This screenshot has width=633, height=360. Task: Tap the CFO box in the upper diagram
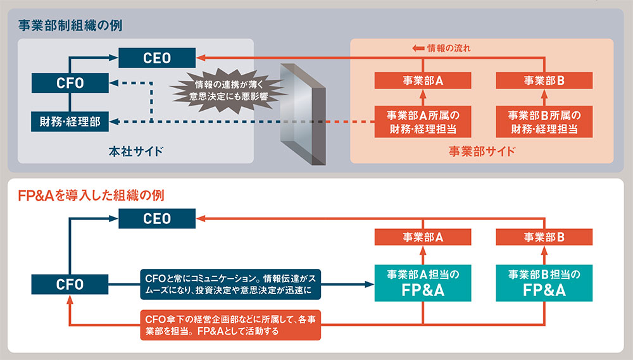(70, 82)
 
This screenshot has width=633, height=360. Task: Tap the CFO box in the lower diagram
(70, 284)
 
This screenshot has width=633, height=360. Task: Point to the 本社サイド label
(135, 151)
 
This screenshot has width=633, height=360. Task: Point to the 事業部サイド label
(482, 151)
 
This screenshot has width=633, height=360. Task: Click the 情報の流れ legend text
(449, 48)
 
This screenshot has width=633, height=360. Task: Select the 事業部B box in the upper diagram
(544, 81)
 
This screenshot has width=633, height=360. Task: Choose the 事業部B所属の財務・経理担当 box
(544, 121)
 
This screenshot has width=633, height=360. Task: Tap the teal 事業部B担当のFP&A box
(544, 283)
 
